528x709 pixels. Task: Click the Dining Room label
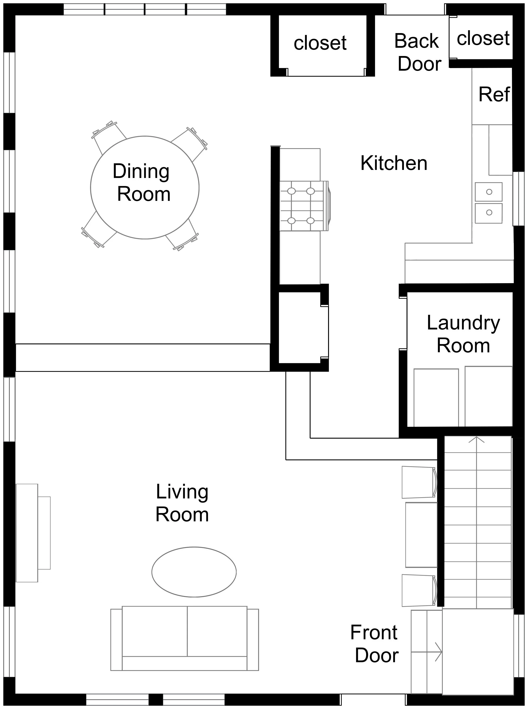pyautogui.click(x=142, y=182)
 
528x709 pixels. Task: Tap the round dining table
pyautogui.click(x=145, y=188)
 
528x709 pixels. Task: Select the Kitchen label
pyautogui.click(x=394, y=163)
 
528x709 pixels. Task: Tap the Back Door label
pyautogui.click(x=418, y=52)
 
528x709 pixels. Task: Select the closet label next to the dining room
pyautogui.click(x=320, y=43)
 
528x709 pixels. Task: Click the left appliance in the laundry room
pyautogui.click(x=436, y=398)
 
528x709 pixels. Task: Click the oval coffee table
pyautogui.click(x=194, y=572)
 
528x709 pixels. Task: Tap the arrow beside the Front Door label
pyautogui.click(x=426, y=652)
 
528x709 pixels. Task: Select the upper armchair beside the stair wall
pyautogui.click(x=419, y=482)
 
